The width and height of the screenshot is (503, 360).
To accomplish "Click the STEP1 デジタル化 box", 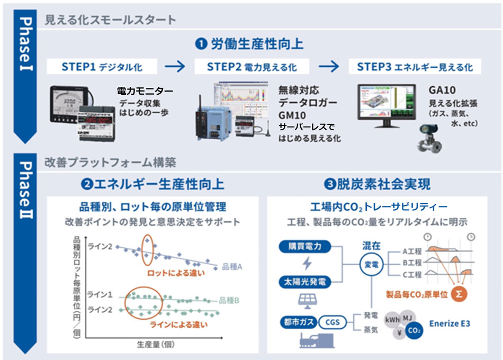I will [102, 67].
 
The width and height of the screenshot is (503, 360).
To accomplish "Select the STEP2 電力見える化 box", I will [251, 67].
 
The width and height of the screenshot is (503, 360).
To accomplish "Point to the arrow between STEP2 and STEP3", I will [328, 67].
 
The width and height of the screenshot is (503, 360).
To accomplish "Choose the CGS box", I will [333, 321].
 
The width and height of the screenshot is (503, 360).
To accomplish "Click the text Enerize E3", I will [450, 323].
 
